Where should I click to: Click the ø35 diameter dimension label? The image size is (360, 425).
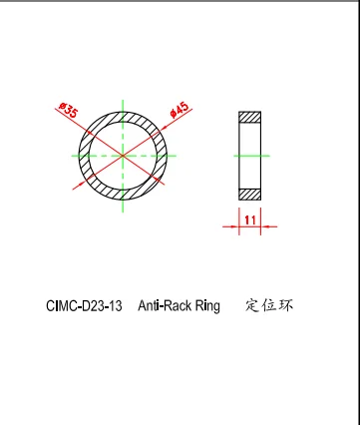[x=69, y=111]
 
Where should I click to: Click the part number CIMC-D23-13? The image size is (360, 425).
[x=84, y=306]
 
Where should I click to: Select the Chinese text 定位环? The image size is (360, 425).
[x=269, y=305]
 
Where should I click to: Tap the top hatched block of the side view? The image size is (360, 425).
[x=249, y=117]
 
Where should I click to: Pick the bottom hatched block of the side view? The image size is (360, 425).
[x=249, y=192]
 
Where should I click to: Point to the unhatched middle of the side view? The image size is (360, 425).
[x=249, y=155]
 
